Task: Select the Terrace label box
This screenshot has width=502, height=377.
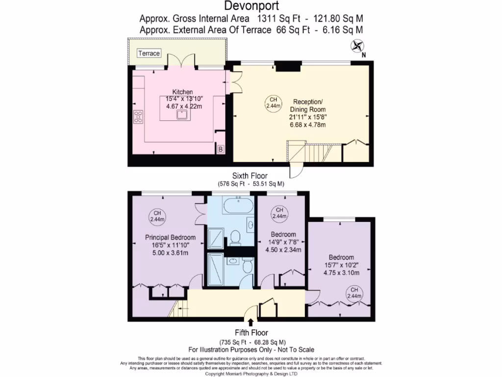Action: (x=149, y=53)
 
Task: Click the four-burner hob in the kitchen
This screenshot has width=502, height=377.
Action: (x=138, y=117)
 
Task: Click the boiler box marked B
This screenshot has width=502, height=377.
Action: (x=221, y=149)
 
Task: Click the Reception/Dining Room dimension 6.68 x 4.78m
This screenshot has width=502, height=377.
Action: (x=307, y=125)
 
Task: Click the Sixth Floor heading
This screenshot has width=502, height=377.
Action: (x=251, y=175)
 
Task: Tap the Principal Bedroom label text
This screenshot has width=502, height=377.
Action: (x=167, y=237)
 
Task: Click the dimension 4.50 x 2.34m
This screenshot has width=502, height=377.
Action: (x=283, y=249)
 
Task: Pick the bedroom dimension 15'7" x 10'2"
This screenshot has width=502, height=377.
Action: (x=341, y=266)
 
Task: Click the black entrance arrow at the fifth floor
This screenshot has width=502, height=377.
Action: (x=251, y=323)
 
